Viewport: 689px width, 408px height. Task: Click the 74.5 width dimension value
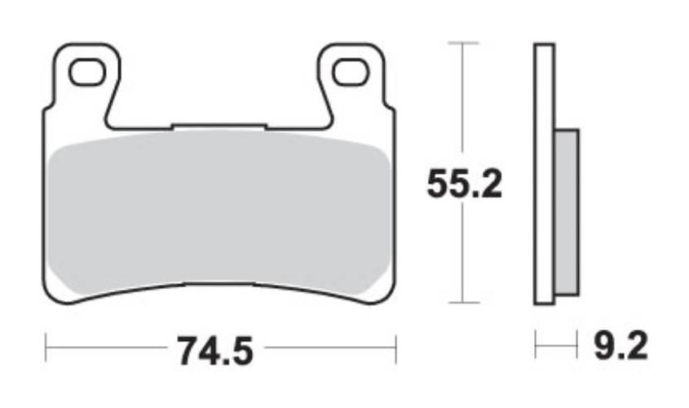coord(215,351)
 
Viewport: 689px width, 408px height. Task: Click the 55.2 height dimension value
coord(464,184)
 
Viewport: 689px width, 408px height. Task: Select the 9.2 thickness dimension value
coord(621,346)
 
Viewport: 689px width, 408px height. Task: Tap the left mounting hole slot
coord(87,72)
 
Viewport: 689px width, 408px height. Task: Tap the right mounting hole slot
coord(351,72)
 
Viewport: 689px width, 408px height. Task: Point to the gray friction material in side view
coord(567,212)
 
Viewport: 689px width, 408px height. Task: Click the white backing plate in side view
coord(544,174)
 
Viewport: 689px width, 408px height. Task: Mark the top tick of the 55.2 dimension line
coord(463,43)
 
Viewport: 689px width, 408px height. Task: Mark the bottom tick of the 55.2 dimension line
coord(463,303)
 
